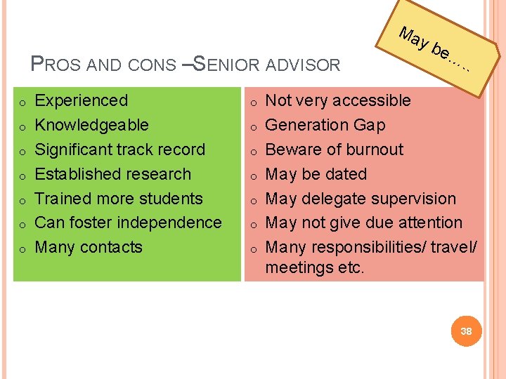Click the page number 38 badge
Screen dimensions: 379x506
coord(465,331)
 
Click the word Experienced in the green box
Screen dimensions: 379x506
coord(82,100)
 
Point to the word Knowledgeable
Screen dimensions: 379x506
coord(91,125)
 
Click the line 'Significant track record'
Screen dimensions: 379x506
coord(119,149)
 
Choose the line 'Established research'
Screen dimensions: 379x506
coord(112,174)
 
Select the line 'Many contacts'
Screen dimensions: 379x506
coord(89,247)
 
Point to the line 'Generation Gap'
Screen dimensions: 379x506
coord(325,125)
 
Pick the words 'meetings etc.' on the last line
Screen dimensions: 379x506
coord(315,267)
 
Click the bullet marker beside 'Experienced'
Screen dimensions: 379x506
coord(22,102)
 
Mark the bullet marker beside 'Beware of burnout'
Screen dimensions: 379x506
coord(254,151)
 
